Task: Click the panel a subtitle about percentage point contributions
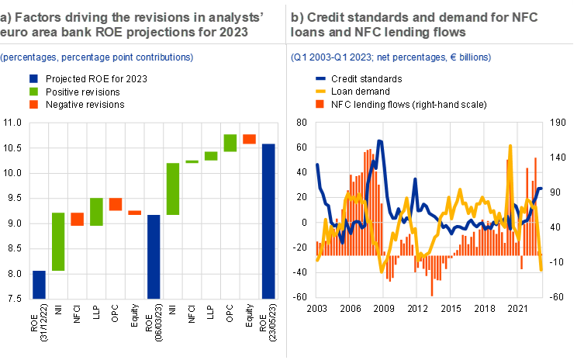(x=97, y=57)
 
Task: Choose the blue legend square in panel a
(x=33, y=78)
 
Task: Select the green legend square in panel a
(x=33, y=91)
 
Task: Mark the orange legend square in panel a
(x=33, y=103)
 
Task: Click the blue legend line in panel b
(x=321, y=78)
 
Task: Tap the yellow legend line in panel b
(x=321, y=91)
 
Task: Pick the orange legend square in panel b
(x=321, y=103)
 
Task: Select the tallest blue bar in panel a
(x=268, y=221)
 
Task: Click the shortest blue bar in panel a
(x=39, y=285)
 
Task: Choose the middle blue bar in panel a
(x=154, y=257)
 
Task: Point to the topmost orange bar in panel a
(x=250, y=139)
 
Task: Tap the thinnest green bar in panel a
(x=192, y=161)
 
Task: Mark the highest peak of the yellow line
(x=510, y=146)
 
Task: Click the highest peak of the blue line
(x=380, y=141)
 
